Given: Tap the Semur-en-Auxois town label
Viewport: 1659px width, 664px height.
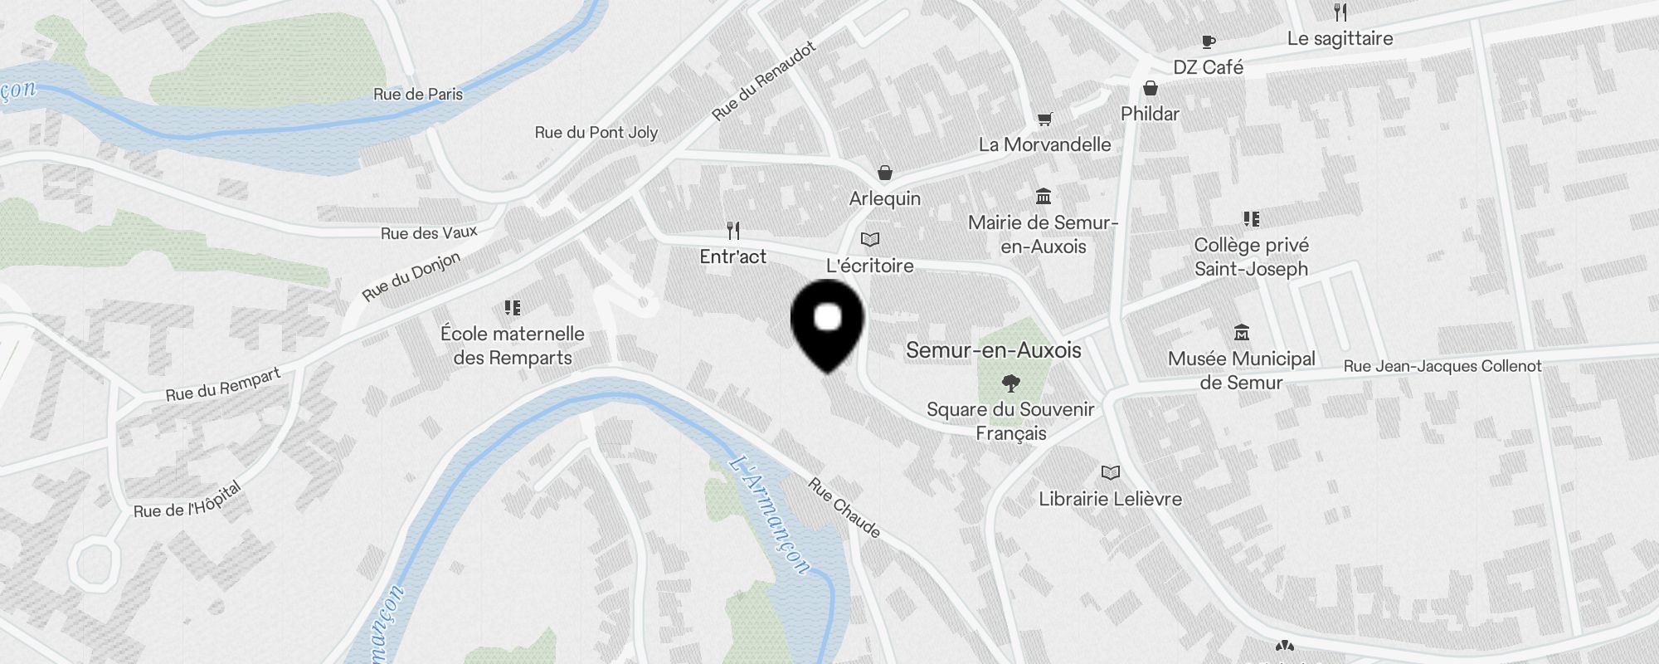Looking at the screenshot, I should (993, 350).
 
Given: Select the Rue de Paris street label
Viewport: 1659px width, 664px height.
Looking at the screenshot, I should (418, 95).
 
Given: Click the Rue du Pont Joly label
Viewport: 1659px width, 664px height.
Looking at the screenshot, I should (596, 133).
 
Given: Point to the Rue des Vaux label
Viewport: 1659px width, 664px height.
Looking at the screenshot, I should (429, 233).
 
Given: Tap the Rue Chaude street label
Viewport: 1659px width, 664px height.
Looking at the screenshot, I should (844, 507).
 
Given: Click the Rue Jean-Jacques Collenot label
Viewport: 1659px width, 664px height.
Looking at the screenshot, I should (1442, 366).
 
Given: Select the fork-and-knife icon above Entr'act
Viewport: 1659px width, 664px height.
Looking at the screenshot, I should (732, 230).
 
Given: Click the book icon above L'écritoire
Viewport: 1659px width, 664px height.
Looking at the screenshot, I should (869, 240).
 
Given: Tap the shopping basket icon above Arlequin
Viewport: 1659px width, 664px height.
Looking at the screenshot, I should (885, 173).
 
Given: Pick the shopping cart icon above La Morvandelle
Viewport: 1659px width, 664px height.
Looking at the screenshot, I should (1044, 120).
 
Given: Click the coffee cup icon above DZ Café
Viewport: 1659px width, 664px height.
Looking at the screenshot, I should (1208, 41).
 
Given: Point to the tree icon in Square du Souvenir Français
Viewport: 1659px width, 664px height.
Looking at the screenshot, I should (1010, 383).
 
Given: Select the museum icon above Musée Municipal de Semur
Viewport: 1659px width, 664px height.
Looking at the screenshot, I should (1241, 333).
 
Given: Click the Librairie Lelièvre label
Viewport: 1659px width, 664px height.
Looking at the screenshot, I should (1110, 499).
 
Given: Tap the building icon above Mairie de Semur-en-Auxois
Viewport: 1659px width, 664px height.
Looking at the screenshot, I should (1044, 197).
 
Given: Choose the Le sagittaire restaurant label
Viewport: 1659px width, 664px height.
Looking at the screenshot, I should (1340, 39).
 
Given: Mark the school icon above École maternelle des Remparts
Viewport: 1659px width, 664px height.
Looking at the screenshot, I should (513, 308).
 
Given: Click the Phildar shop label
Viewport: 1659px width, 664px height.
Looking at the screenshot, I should (1150, 114).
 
